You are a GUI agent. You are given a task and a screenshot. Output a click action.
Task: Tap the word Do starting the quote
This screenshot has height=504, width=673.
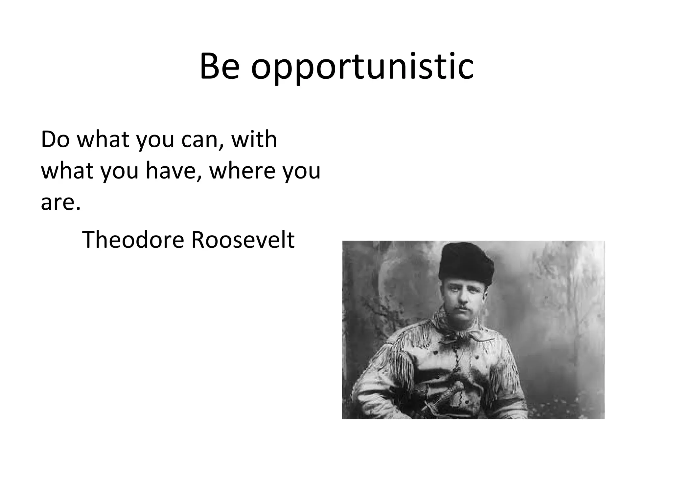tap(55, 139)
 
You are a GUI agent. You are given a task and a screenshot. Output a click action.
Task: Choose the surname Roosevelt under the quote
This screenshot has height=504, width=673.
tap(243, 240)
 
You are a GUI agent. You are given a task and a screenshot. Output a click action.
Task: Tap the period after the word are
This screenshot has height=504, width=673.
tap(78, 209)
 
